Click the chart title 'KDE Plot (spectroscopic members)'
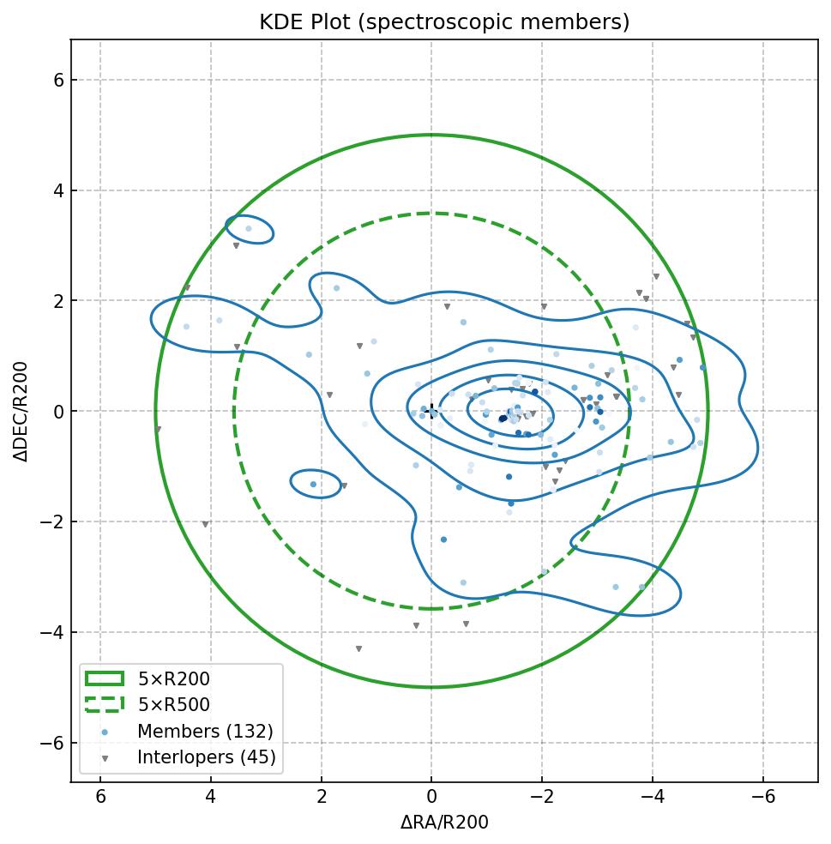(444, 22)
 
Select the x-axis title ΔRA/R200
(444, 823)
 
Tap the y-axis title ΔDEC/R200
(21, 411)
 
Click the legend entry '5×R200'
(173, 679)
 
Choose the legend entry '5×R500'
(173, 705)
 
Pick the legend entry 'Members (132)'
(205, 732)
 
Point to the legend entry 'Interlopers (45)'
(206, 757)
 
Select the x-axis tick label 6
(100, 797)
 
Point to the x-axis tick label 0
(432, 797)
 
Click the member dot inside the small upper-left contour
(249, 229)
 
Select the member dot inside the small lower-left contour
(313, 485)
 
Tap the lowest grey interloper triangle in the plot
(358, 649)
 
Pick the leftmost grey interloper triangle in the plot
(158, 430)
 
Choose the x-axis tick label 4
(211, 797)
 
